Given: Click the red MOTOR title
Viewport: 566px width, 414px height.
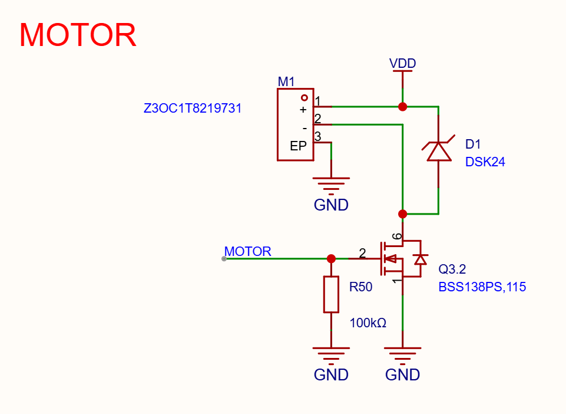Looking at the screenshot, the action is pos(78,35).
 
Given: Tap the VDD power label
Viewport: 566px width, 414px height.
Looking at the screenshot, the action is pos(402,63).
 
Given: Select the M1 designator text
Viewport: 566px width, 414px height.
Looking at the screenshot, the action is pos(286,82).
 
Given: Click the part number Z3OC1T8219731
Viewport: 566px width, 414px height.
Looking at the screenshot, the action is pos(193,108).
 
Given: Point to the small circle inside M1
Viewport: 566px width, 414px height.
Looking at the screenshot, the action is pos(304,98).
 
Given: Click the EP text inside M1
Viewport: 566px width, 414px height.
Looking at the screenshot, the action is pos(298,146).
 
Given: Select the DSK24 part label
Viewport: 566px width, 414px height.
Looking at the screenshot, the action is pos(485,162).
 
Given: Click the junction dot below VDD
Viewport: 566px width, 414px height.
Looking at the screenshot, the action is pos(402,107).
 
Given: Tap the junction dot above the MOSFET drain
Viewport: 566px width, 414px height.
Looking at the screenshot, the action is pos(402,214).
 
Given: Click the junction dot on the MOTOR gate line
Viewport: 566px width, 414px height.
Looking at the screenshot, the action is pos(331,258).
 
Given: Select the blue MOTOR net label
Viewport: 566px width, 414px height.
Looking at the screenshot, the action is pos(247,251).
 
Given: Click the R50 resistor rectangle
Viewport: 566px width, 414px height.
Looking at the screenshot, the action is pos(331,294).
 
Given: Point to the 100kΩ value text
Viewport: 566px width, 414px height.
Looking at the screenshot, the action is pos(368,323).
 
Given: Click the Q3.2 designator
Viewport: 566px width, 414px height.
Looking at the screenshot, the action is pos(452,269).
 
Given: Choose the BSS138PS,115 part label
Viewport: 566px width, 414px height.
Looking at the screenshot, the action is pos(482,287).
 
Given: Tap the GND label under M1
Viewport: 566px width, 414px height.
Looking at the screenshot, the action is pos(331,205).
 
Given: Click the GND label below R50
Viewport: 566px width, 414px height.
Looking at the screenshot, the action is pos(331,374).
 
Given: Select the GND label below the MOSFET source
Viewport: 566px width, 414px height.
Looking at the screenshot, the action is pos(402,374).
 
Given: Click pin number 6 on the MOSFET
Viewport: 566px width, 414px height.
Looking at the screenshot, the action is pos(397,236).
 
